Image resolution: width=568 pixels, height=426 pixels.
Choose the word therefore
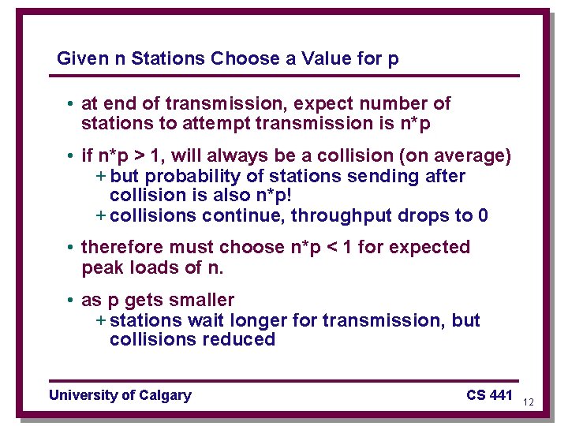click(x=121, y=247)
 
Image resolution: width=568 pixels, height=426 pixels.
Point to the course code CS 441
click(x=489, y=394)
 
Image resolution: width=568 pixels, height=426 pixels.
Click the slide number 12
click(x=529, y=402)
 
